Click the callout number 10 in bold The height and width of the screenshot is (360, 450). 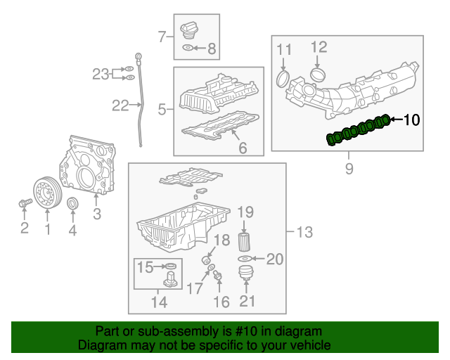click(x=411, y=120)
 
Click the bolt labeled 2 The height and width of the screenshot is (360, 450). click(x=23, y=203)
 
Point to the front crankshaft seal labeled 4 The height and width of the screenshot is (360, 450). click(x=72, y=205)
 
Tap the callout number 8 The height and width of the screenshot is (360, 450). click(x=212, y=49)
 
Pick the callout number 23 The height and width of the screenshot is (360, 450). click(x=101, y=73)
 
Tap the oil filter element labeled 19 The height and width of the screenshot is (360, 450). click(x=245, y=238)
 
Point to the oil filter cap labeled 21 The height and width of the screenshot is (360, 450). click(x=245, y=274)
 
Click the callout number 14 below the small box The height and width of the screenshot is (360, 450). click(x=159, y=303)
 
